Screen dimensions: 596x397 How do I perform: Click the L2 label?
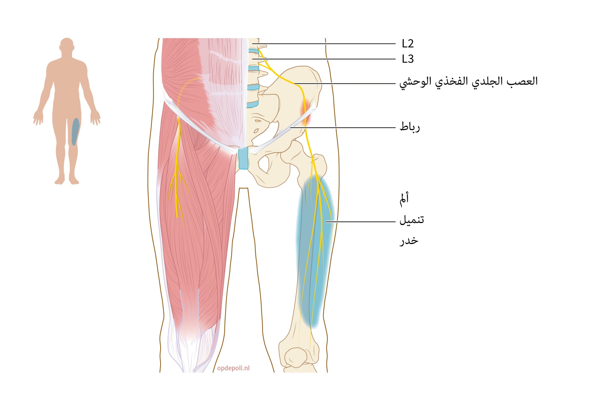tap(408, 44)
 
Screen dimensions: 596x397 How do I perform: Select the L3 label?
tap(408, 59)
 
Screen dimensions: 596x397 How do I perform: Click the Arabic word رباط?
tap(409, 127)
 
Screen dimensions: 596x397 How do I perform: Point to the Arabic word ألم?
tap(404, 199)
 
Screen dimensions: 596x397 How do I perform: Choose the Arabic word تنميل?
tap(412, 220)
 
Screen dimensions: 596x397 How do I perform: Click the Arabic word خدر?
tap(409, 241)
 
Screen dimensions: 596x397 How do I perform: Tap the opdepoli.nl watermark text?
tap(233, 368)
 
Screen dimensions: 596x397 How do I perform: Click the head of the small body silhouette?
tap(67, 45)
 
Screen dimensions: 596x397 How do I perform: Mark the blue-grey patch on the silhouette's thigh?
tap(75, 132)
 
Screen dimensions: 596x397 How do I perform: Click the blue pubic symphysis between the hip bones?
tap(243, 158)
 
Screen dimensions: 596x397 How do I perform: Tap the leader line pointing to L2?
tap(326, 44)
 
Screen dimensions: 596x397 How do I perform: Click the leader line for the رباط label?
tap(343, 127)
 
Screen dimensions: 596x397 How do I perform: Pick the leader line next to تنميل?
tap(361, 222)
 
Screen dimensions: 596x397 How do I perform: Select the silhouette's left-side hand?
tap(38, 118)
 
